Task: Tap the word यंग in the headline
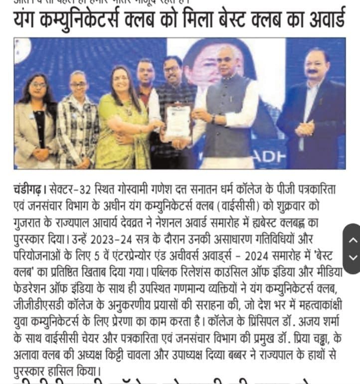coord(29,20)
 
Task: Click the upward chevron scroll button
coord(353,240)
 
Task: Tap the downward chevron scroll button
coord(353,257)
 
